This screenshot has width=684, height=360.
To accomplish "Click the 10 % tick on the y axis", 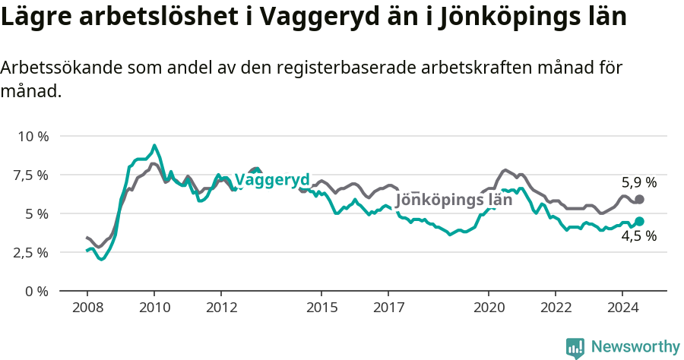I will click(x=32, y=137).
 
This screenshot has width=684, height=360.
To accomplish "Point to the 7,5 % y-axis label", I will click(x=30, y=175).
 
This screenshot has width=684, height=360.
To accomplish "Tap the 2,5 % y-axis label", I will click(x=30, y=252).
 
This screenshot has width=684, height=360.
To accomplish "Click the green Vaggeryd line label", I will click(x=272, y=180).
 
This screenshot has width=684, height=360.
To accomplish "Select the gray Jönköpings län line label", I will click(x=454, y=201).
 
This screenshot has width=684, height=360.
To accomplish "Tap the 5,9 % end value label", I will click(x=638, y=182).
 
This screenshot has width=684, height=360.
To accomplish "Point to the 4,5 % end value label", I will click(x=638, y=236).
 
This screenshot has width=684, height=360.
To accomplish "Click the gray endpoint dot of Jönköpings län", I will click(x=639, y=199).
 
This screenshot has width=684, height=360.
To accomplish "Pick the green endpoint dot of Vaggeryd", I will click(x=639, y=221).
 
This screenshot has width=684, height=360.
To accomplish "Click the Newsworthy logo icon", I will click(x=575, y=348).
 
